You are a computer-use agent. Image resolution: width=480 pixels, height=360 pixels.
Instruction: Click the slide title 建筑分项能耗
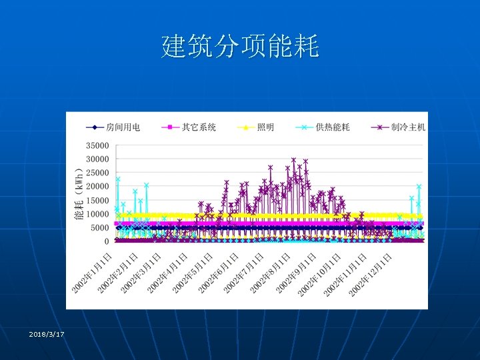click(x=240, y=47)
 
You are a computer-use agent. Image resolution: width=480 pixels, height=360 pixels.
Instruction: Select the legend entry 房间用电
click(x=113, y=127)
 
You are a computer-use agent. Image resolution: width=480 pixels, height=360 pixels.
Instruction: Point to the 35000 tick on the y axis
click(x=97, y=145)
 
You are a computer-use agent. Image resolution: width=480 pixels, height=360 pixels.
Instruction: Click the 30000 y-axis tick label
click(x=97, y=159)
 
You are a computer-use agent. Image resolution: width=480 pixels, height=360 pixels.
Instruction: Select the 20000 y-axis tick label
click(x=97, y=187)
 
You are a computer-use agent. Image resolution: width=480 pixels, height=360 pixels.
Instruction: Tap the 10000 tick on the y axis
click(x=97, y=214)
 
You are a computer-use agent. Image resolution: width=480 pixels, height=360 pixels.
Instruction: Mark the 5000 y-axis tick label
click(x=100, y=227)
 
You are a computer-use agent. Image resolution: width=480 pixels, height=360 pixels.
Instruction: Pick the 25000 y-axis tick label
click(x=97, y=173)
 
